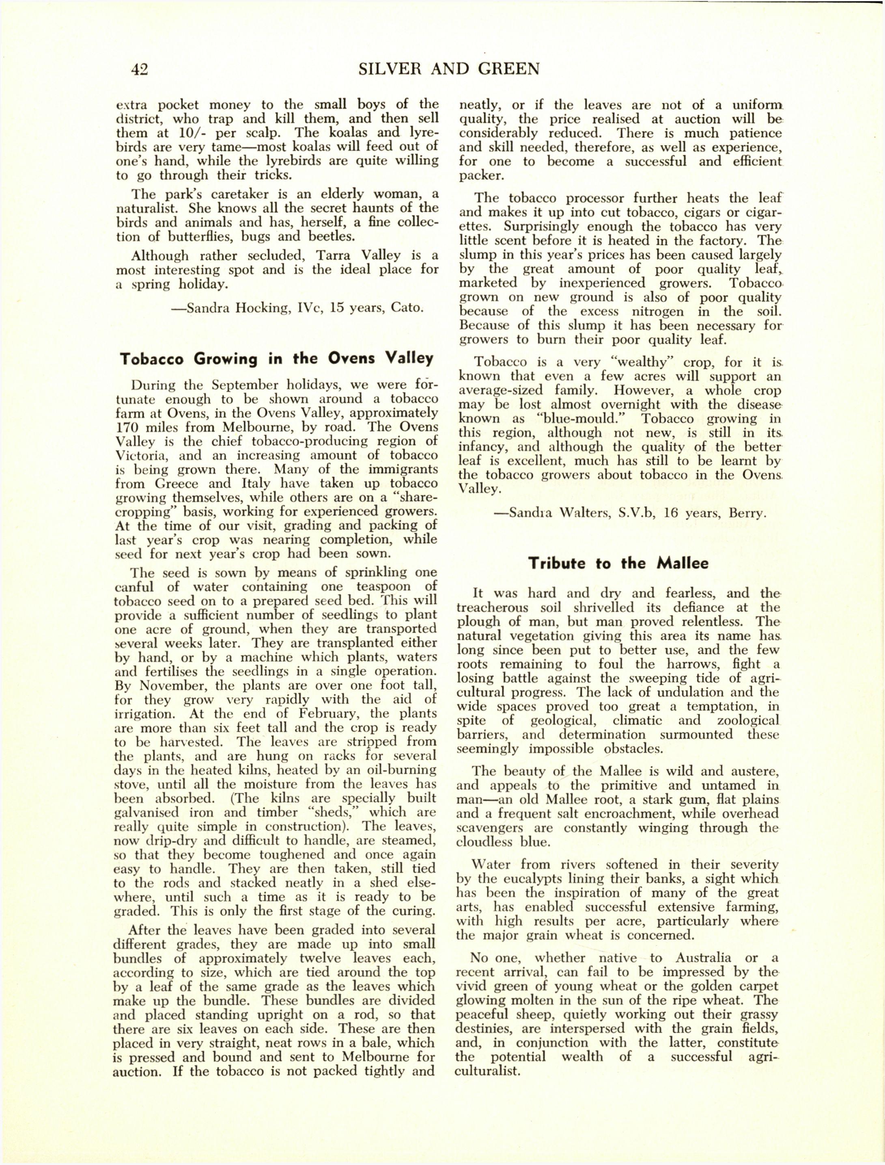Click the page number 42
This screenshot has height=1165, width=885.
click(x=140, y=69)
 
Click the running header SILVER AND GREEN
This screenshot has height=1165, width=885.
click(x=448, y=69)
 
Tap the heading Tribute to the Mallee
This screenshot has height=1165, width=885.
click(x=618, y=563)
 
